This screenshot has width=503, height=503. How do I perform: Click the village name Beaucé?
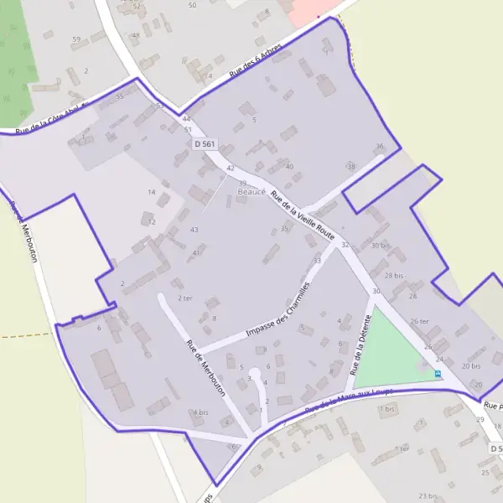click(251, 192)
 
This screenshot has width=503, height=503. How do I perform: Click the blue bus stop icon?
click(438, 373)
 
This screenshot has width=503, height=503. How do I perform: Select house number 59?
click(76, 39)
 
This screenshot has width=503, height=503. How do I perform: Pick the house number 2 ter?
click(185, 298)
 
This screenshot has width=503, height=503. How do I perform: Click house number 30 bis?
click(381, 246)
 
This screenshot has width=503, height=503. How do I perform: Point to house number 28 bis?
click(394, 275)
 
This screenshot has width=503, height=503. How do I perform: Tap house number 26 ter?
click(419, 321)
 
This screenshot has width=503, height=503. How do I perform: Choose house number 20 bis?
click(470, 366)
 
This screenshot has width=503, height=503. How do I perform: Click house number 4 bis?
click(200, 412)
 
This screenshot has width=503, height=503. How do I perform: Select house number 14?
click(152, 193)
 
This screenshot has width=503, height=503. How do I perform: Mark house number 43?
click(194, 230)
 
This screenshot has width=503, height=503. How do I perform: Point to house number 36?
click(379, 147)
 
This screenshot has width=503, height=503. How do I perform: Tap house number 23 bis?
click(428, 496)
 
